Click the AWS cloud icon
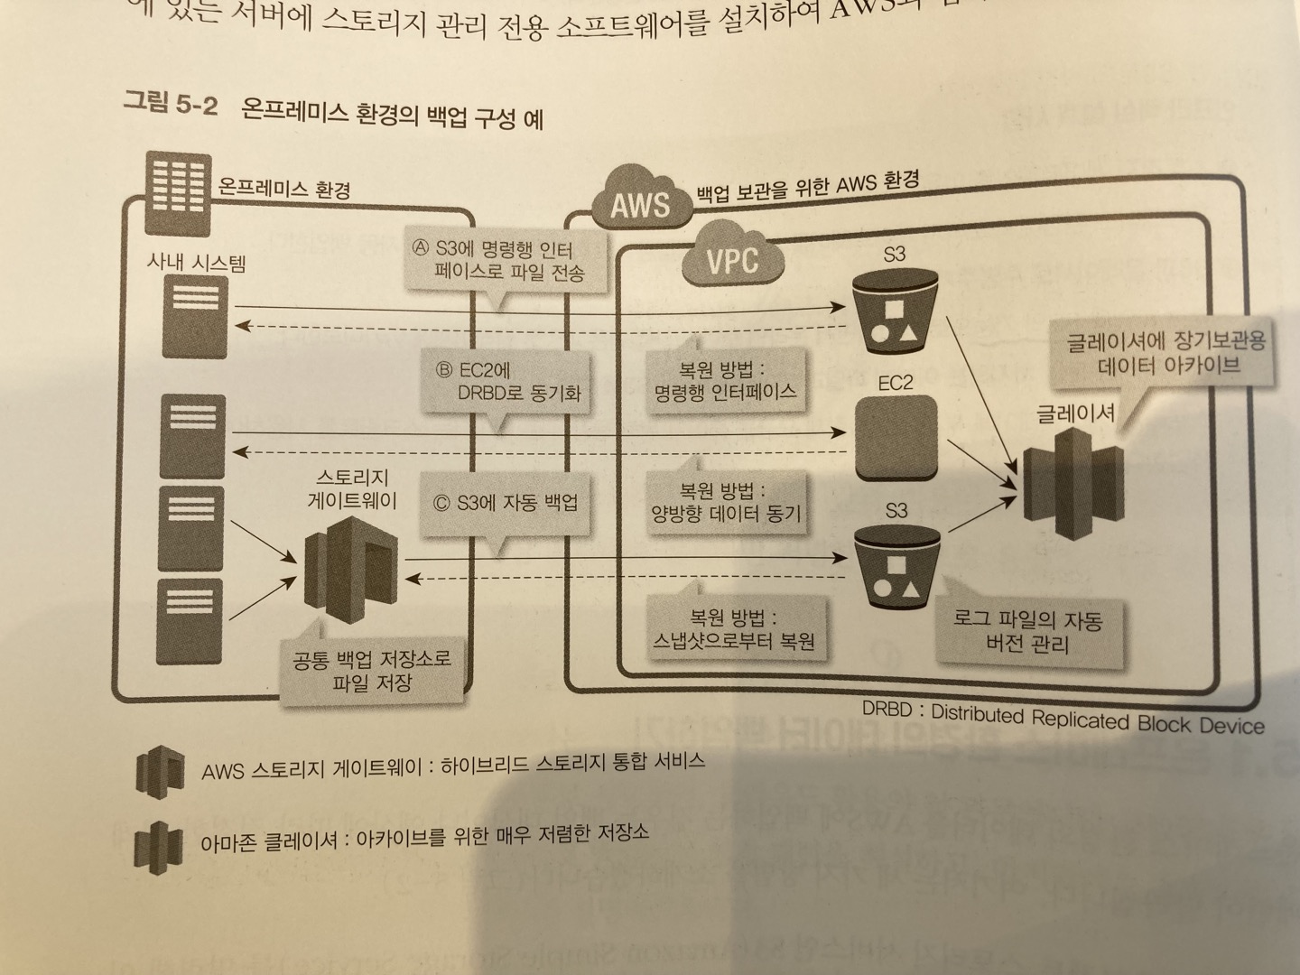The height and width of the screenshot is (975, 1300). tap(639, 200)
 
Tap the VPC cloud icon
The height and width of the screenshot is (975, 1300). tap(730, 258)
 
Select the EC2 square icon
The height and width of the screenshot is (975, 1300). tap(895, 440)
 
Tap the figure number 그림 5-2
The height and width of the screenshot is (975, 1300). tap(170, 103)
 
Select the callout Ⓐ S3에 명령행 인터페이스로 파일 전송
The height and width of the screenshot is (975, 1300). tap(506, 261)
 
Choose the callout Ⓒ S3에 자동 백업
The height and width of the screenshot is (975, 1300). tap(506, 504)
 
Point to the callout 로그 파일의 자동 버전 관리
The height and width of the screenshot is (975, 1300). tap(1027, 632)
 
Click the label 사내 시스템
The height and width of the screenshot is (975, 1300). tap(196, 262)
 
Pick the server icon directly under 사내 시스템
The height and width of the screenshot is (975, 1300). tap(195, 318)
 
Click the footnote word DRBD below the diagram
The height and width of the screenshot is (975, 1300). tap(887, 710)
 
